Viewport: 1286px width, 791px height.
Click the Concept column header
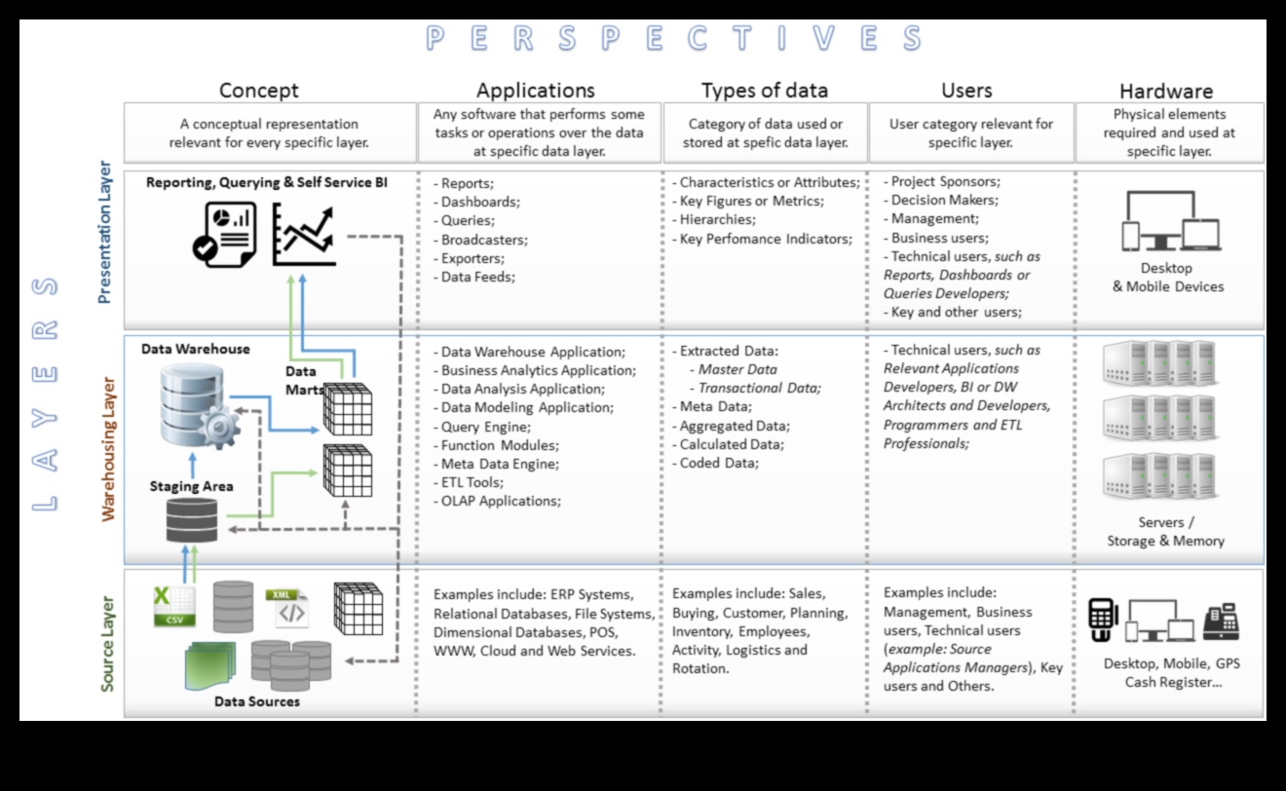click(x=258, y=91)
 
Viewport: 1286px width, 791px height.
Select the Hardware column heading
click(x=1165, y=92)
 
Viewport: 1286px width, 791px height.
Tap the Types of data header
click(x=764, y=91)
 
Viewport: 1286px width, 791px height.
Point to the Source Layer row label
click(x=107, y=643)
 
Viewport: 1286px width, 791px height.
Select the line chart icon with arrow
click(x=303, y=234)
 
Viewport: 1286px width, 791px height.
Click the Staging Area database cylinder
click(x=192, y=520)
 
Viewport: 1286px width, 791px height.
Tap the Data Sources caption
click(x=257, y=701)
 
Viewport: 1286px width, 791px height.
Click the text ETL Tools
click(x=472, y=482)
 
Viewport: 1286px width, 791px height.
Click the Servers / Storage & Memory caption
click(x=1165, y=532)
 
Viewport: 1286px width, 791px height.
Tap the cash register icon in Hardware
click(x=1221, y=621)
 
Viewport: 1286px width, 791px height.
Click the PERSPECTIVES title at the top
click(x=673, y=39)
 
